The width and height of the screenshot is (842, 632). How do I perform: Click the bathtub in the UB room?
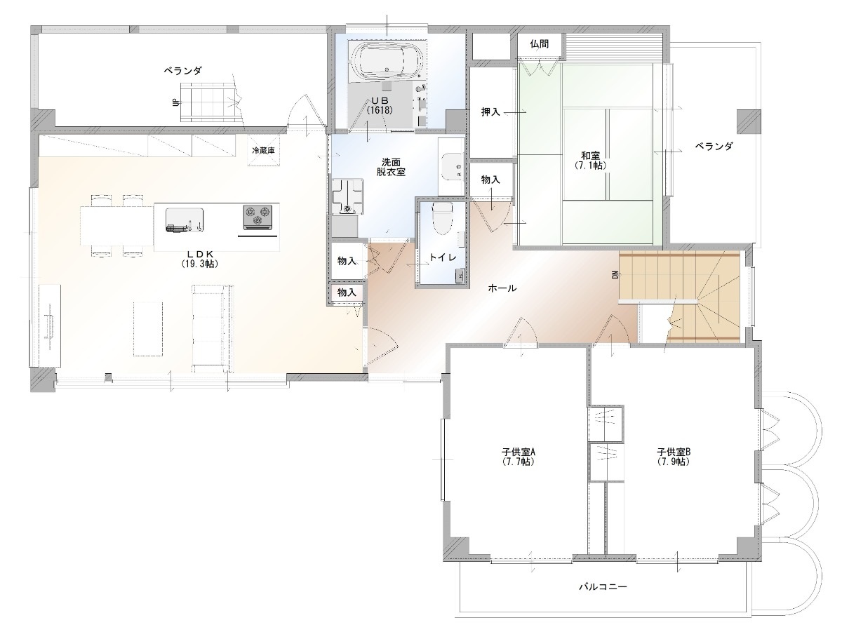point(387,60)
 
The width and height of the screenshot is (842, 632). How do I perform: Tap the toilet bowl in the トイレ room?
point(442,218)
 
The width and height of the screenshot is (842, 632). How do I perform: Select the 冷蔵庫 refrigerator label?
point(264,150)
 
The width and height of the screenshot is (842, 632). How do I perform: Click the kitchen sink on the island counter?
point(184,220)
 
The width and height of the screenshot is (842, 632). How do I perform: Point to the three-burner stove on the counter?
point(258,217)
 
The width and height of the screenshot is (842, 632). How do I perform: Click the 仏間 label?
point(540,44)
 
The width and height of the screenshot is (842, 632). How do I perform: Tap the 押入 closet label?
point(490,112)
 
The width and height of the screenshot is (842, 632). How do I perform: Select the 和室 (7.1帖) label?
point(590,161)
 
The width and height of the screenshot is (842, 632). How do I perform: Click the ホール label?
point(502,288)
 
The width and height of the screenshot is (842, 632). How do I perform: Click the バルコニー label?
point(603,586)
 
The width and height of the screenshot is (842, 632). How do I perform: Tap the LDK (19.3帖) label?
point(199,259)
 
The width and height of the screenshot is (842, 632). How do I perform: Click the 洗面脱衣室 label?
point(391,167)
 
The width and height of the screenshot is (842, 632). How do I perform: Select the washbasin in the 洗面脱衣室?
point(453,166)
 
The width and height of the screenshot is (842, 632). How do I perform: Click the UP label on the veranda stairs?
point(176,102)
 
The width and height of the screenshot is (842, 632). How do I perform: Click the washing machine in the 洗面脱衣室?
point(347,196)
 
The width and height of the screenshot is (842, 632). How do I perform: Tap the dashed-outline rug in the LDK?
point(148,329)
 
